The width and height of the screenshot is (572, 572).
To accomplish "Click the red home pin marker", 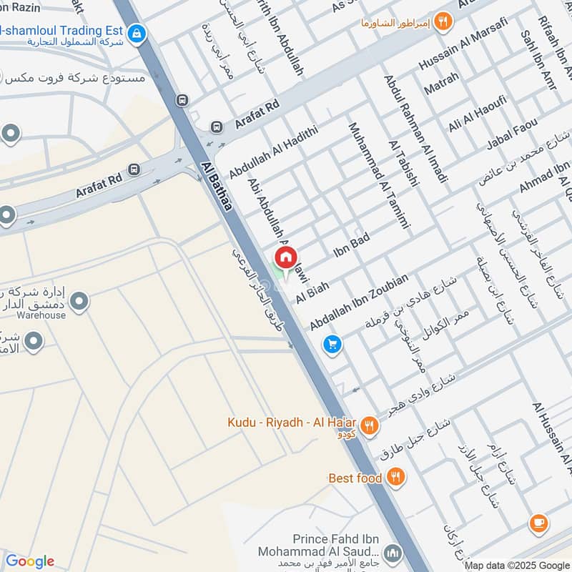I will tap(285, 257).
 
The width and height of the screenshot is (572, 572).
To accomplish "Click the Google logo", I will tap(29, 561).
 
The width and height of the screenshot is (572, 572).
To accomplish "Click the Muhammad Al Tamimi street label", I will tap(378, 175).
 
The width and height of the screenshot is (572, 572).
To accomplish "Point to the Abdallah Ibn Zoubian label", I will tap(359, 302).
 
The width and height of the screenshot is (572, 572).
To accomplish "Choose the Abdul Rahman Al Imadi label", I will tap(415, 129).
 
